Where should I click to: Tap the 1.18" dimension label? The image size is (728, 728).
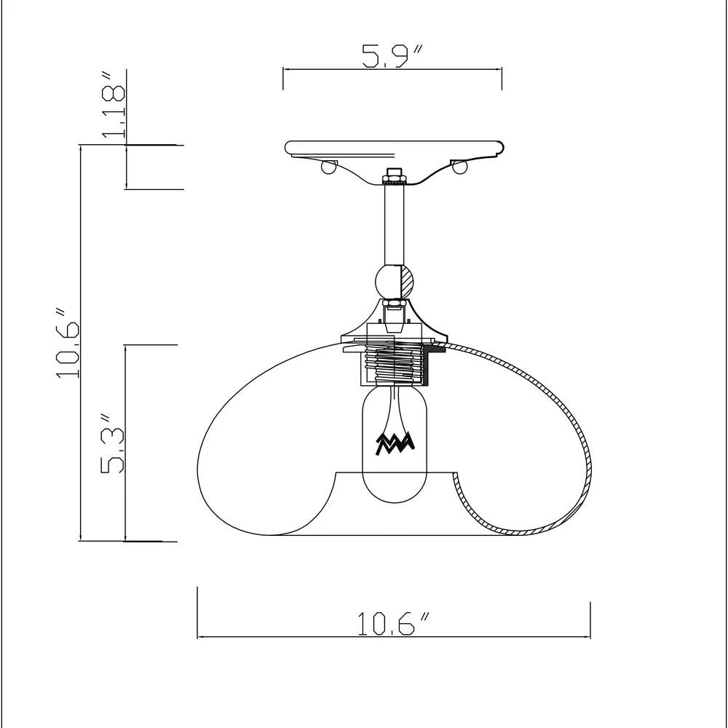point(113,105)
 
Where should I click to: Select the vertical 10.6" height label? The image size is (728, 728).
point(68,343)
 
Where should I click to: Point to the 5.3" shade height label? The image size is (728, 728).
point(112,443)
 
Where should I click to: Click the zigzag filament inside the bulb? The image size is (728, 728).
point(395,443)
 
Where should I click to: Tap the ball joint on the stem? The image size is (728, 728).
point(394,282)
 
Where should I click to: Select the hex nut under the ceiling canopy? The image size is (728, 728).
point(394,176)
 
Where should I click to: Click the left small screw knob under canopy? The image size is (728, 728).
point(329,167)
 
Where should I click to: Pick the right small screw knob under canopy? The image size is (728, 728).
point(460,167)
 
